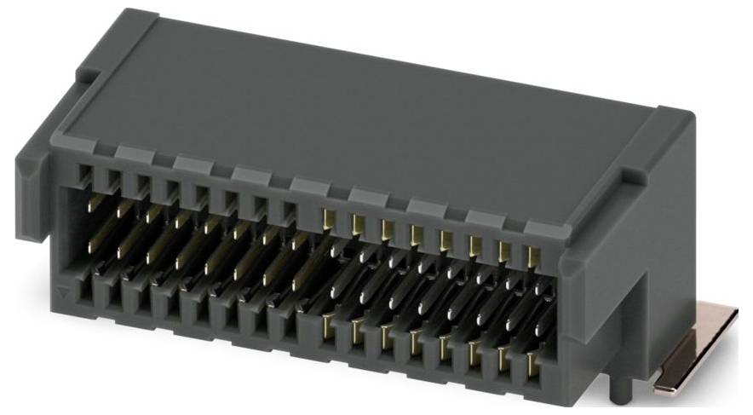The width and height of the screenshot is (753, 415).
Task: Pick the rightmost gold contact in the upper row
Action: click(533, 256)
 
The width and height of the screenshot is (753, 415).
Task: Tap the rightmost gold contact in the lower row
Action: click(532, 365)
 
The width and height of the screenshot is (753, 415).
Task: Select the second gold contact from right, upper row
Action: click(504, 251)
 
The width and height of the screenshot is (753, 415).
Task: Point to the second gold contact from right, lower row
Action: click(503, 359)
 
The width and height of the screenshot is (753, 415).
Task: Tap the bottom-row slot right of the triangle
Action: click(85, 295)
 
